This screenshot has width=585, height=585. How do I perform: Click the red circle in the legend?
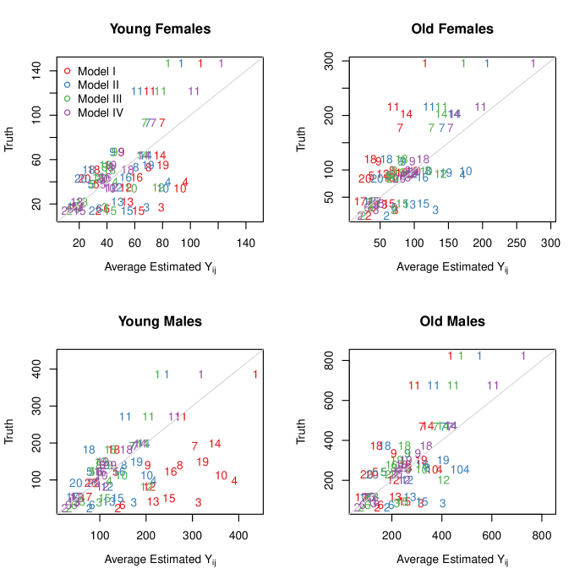67,70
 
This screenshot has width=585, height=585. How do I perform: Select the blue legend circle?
67,85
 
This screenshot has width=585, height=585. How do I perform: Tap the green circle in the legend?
67,99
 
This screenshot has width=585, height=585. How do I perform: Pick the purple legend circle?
67,112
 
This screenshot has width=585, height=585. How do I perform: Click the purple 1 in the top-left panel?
221,63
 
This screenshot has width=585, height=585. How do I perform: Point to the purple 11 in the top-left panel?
194,91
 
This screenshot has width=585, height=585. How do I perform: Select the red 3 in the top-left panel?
161,208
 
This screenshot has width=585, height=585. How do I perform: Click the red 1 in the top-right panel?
424,63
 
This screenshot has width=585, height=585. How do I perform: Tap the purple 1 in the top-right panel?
533,63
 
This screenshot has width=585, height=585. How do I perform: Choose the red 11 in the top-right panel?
393,107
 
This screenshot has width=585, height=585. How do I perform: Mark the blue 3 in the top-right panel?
435,210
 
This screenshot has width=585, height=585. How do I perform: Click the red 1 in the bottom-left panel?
255,375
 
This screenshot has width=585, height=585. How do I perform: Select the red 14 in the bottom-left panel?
215,444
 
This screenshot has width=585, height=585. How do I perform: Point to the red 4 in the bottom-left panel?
234,481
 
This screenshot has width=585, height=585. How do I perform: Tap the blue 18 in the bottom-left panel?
89,450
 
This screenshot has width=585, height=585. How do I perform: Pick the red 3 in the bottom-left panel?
198,503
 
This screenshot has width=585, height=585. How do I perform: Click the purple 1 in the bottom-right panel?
523,356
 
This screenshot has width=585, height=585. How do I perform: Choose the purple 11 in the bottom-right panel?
493,385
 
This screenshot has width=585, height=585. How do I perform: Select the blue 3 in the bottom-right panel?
442,503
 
